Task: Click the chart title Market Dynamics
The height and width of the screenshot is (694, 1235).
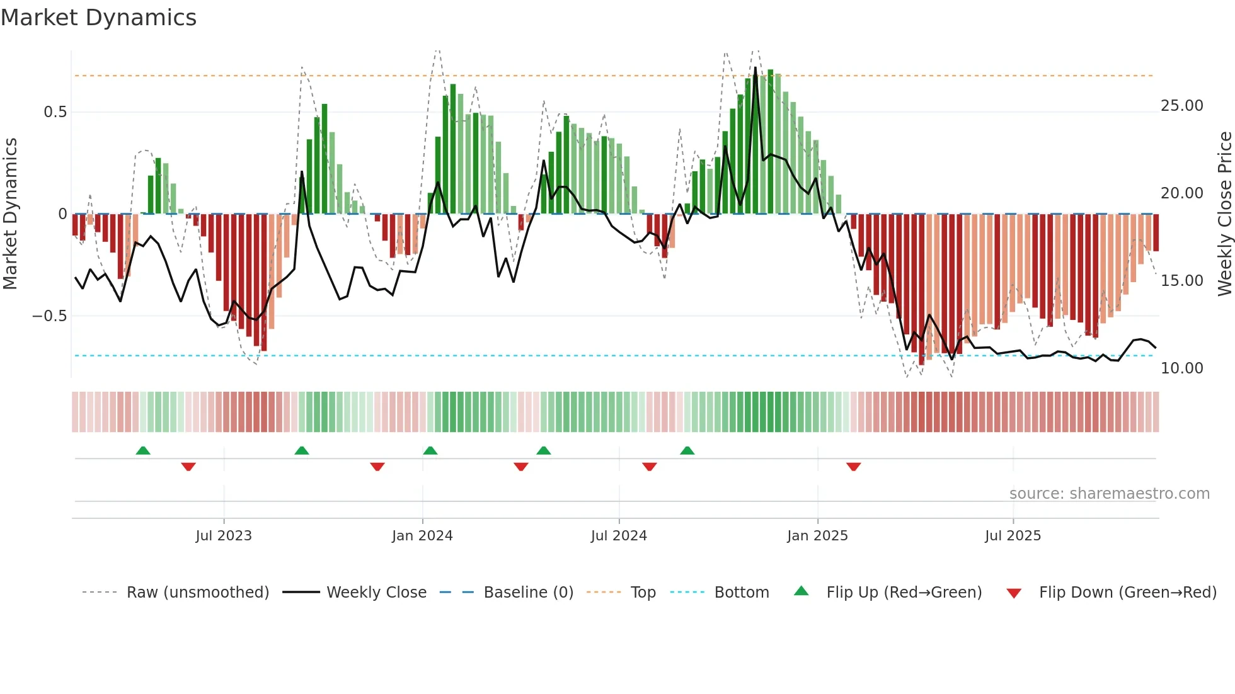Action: tap(98, 18)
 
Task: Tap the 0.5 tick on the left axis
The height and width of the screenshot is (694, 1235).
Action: tap(55, 112)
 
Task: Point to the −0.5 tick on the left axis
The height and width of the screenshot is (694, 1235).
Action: tap(49, 316)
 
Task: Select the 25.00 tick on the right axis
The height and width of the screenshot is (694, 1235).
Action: tap(1181, 106)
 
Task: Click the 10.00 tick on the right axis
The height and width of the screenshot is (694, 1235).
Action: tap(1181, 368)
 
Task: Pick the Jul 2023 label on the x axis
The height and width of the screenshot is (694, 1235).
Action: tap(223, 536)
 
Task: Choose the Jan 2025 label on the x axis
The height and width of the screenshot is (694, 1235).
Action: tap(817, 536)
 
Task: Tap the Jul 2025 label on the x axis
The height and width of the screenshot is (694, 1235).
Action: tap(1013, 536)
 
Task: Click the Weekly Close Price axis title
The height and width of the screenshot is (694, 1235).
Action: tap(1224, 214)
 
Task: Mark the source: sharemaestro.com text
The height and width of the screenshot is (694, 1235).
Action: tap(1109, 494)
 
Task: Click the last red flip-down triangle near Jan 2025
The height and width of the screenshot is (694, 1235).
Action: tap(853, 467)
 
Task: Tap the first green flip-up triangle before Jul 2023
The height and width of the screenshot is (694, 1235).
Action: tap(143, 450)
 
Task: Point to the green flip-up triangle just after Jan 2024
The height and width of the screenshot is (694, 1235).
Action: tap(430, 450)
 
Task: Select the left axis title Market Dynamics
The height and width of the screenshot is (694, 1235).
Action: tap(10, 214)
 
